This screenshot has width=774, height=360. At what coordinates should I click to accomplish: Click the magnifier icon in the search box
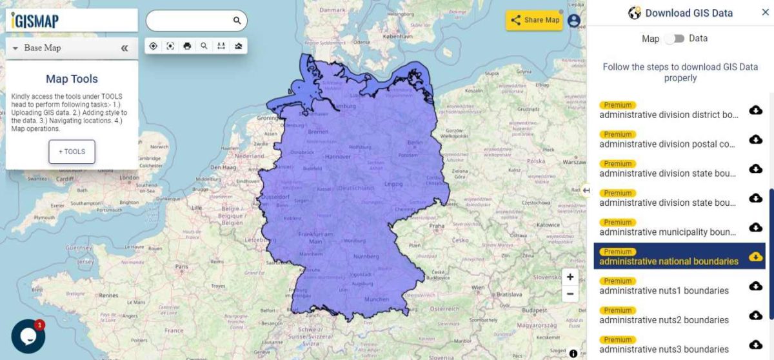pos(237,21)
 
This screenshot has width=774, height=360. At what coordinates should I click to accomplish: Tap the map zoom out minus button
pos(570,294)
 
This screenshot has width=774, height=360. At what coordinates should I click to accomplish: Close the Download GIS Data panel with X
pos(765,12)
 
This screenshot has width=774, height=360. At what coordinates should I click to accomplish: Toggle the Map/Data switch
pos(674,39)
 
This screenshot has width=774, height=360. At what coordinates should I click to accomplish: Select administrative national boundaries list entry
pos(668,261)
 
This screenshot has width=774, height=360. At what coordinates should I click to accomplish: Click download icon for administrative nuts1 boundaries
pos(755,286)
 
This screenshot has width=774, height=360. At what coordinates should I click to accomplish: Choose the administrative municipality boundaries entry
pos(668,232)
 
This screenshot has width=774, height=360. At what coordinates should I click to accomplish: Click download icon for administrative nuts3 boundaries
pos(755,345)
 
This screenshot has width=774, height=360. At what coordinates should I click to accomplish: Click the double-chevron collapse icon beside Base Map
pos(124,48)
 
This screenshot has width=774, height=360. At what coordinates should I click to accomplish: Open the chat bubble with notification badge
pos(28,336)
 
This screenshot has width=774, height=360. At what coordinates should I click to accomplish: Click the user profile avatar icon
pos(574,21)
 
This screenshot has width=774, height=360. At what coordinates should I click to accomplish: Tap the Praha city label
pos(437,226)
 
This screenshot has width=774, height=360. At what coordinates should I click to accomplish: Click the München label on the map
pos(377,299)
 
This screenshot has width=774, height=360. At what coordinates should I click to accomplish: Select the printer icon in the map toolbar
pos(187,46)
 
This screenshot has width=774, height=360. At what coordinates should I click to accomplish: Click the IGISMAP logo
pos(34,21)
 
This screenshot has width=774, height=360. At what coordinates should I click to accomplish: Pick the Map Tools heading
pos(72,79)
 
